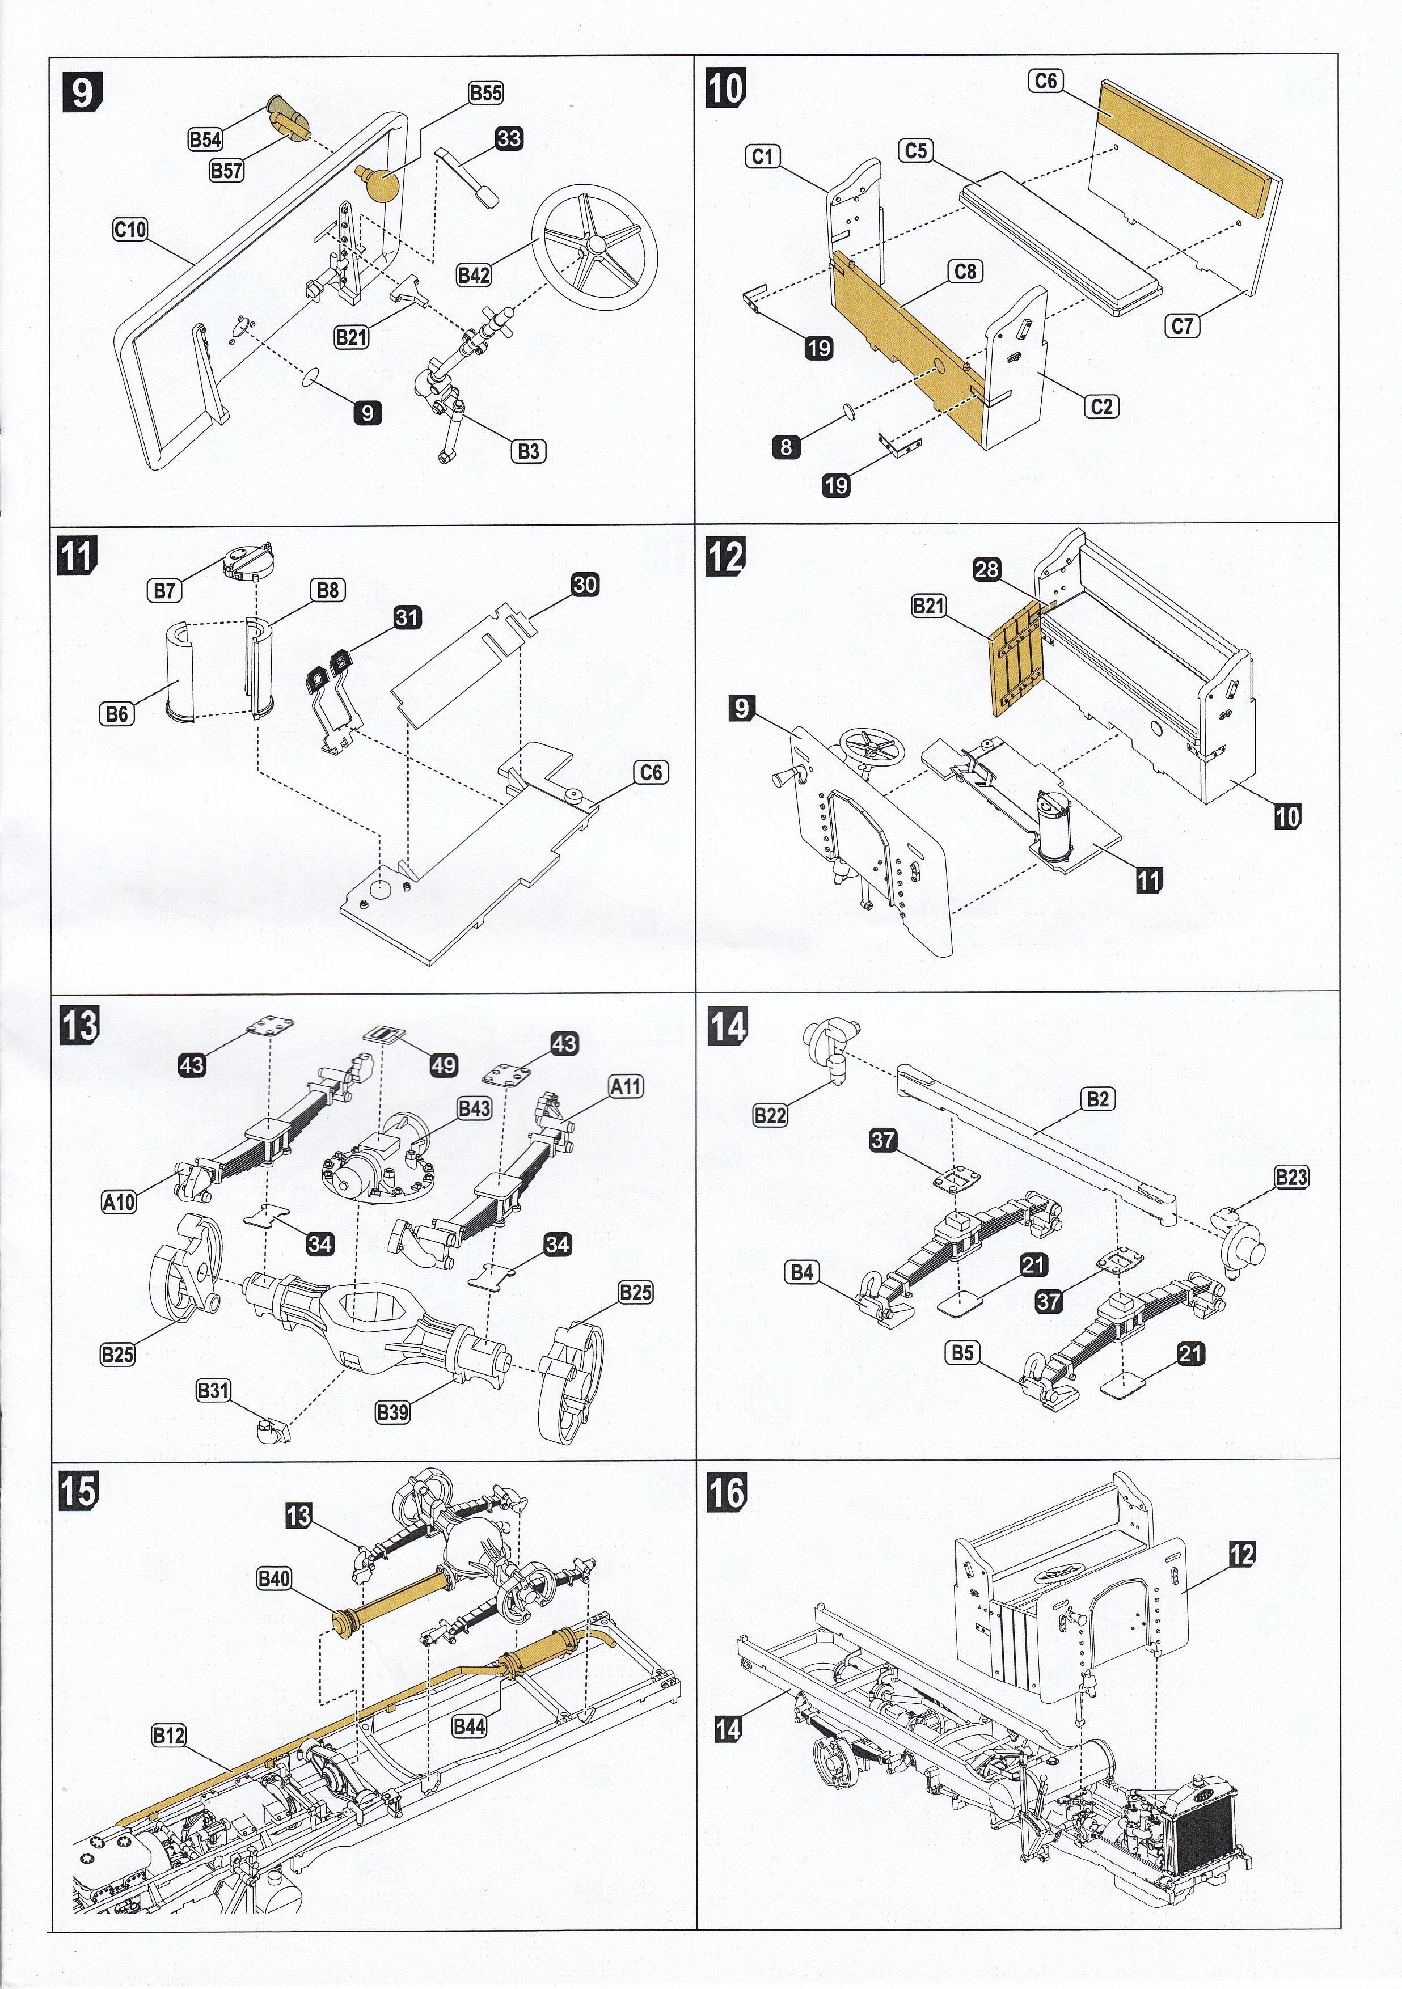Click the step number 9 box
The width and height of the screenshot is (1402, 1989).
click(82, 92)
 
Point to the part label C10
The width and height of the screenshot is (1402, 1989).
click(130, 230)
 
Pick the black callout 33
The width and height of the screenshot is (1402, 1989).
click(509, 138)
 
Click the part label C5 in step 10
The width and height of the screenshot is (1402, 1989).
click(916, 151)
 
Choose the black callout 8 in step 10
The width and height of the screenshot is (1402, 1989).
click(786, 447)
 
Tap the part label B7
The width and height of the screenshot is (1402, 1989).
click(164, 591)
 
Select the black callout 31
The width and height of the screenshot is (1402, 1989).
click(407, 617)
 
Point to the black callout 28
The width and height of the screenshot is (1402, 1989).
click(987, 569)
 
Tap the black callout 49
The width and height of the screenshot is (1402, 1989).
click(444, 1065)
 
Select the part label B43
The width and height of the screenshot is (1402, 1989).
click(474, 1108)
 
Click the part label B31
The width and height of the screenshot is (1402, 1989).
click(213, 1390)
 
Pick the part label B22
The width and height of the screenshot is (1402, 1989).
click(770, 1115)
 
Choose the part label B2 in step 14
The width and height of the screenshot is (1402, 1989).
click(1098, 1098)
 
